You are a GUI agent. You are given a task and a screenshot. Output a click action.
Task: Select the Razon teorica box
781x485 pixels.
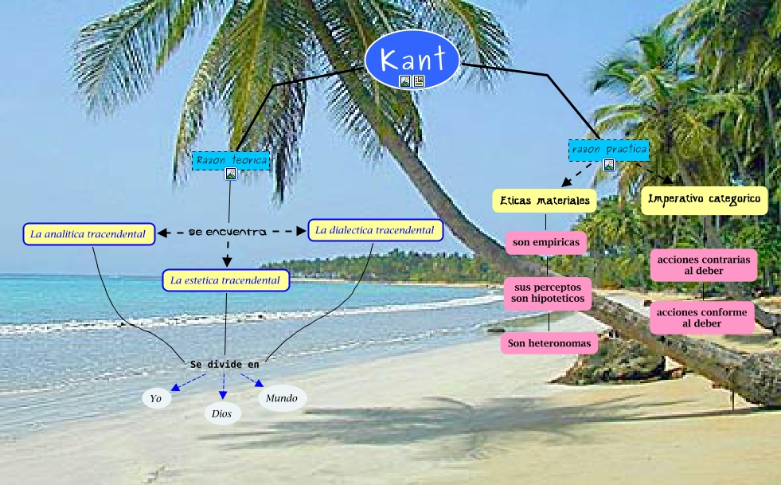click(x=231, y=160)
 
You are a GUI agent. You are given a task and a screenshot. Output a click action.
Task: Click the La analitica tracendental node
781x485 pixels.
click(x=88, y=234)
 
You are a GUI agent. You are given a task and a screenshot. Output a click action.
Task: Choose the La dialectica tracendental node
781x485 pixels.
click(x=374, y=230)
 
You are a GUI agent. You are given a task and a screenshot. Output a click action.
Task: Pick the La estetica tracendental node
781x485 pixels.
click(x=225, y=280)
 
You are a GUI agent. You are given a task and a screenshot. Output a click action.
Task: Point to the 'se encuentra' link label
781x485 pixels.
click(x=228, y=233)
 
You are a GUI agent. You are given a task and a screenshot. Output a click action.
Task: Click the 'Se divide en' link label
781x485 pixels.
click(x=225, y=364)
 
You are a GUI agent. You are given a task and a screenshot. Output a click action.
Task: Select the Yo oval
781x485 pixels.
click(x=157, y=399)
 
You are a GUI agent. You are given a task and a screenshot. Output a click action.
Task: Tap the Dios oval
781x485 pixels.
click(x=222, y=413)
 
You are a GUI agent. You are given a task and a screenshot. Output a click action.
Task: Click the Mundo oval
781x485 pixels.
click(x=282, y=397)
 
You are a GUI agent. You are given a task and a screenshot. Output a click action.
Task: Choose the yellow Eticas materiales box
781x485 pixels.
click(x=545, y=201)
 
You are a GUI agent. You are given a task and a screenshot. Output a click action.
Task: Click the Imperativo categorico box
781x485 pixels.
click(x=704, y=199)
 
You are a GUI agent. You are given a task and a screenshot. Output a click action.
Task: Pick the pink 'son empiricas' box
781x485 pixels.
click(x=545, y=242)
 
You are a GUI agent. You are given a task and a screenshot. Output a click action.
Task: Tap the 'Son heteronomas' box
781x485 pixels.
click(x=549, y=343)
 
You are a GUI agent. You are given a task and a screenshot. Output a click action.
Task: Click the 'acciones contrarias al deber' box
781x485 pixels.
click(x=702, y=265)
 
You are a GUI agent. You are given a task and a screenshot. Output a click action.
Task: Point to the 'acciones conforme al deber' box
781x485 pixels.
click(x=701, y=318)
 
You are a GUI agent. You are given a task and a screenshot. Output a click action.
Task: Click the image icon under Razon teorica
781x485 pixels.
click(x=231, y=174)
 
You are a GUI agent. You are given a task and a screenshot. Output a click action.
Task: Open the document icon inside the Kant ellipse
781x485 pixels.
click(x=419, y=81)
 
